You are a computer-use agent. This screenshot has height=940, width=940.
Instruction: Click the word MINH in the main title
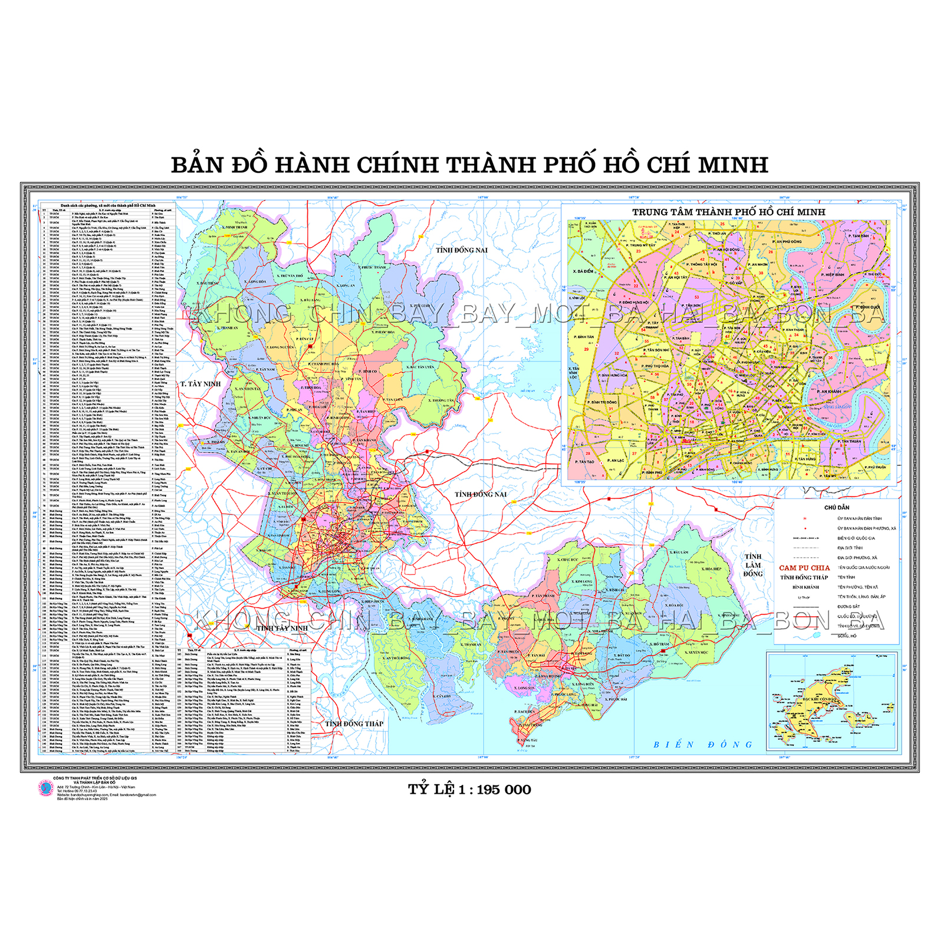pos(733,165)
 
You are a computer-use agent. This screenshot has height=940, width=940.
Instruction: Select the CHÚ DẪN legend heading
pos(836,507)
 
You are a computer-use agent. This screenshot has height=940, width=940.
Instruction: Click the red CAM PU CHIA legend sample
pos(804,568)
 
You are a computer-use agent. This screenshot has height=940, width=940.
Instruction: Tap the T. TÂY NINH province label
pos(201,384)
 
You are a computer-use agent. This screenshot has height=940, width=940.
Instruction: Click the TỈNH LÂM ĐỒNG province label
pos(753,565)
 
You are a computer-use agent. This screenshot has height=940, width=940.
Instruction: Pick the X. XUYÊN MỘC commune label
pos(696,653)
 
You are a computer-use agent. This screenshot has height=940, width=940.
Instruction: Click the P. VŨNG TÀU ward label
pos(528,740)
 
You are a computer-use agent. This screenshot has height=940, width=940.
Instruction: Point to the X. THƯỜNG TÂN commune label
pos(443,400)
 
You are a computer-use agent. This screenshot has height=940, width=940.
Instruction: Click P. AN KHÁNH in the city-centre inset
pos(829,392)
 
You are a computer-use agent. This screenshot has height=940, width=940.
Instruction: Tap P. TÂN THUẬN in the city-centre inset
pos(851,441)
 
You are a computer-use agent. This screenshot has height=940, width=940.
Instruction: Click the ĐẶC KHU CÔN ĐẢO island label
pos(820,699)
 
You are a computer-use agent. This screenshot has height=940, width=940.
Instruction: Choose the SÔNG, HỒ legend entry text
pos(847,636)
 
